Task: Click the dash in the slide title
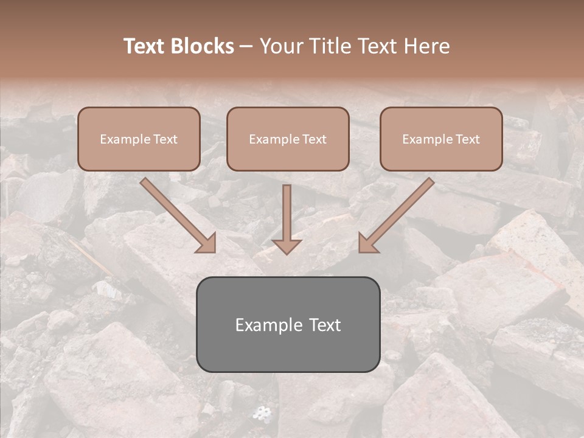(x=247, y=47)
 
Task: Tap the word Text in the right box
(x=467, y=139)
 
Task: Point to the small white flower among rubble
(x=262, y=414)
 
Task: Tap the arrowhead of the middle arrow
(x=287, y=246)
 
